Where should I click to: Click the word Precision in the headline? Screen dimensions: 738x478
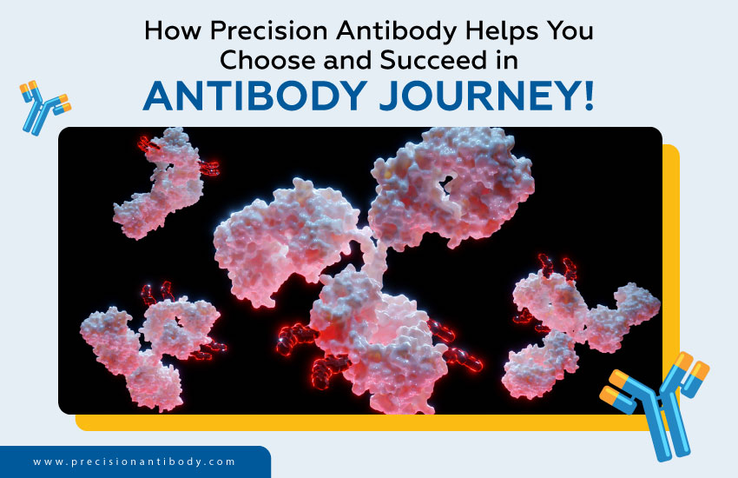[269, 30]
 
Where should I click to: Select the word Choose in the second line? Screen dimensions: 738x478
[267, 60]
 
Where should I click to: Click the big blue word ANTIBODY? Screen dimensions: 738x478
[255, 96]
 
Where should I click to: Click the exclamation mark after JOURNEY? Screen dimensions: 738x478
[588, 96]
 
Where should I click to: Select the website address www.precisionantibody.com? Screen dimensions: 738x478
[134, 461]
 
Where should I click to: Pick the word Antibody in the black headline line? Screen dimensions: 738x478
[396, 31]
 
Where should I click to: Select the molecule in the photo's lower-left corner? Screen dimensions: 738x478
[150, 346]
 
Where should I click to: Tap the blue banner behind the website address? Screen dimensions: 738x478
[135, 462]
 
